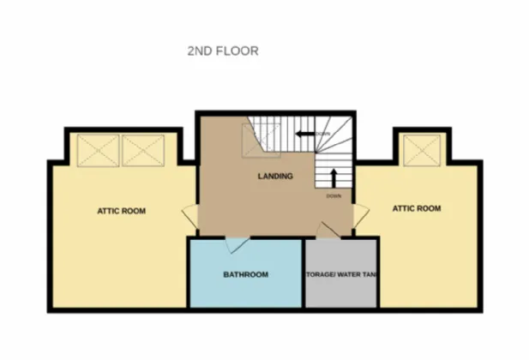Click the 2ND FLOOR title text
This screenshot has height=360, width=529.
pos(223,51)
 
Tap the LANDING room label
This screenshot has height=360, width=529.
pos(275,177)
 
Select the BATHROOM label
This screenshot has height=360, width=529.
pos(246,275)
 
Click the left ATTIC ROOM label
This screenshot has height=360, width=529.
pos(121,211)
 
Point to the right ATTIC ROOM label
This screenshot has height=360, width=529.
pos(416,208)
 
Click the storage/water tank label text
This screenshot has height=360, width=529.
pos(342,275)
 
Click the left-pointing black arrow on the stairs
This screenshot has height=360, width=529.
pos(304,134)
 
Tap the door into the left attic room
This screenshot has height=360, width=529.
pos(190,219)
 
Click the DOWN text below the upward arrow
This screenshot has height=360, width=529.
pos(335,196)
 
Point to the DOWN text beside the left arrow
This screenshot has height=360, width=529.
pos(323,135)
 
